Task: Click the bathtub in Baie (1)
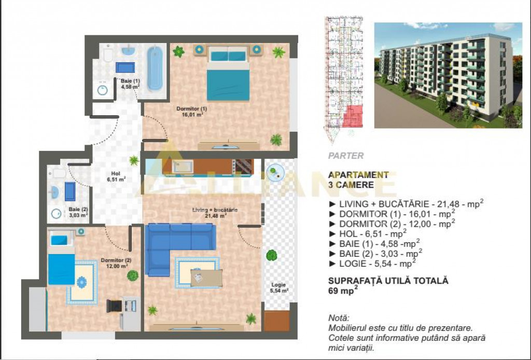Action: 155,68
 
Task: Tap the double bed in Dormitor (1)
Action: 228,74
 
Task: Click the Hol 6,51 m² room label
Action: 116,177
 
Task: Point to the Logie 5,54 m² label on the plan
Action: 278,287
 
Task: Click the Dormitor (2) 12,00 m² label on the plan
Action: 116,263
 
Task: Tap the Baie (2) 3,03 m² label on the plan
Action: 78,212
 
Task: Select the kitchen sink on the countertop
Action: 183,167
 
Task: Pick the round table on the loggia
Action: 275,173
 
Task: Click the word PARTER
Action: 346,156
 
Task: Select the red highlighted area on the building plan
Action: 353,116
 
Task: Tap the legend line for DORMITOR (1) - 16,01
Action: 392,214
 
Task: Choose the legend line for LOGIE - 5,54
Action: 372,264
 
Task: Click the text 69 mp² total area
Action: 343,290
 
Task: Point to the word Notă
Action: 339,318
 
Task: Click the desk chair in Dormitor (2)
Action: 114,306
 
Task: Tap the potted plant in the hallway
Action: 134,160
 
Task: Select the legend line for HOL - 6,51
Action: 368,233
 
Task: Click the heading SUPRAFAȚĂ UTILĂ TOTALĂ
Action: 388,281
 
